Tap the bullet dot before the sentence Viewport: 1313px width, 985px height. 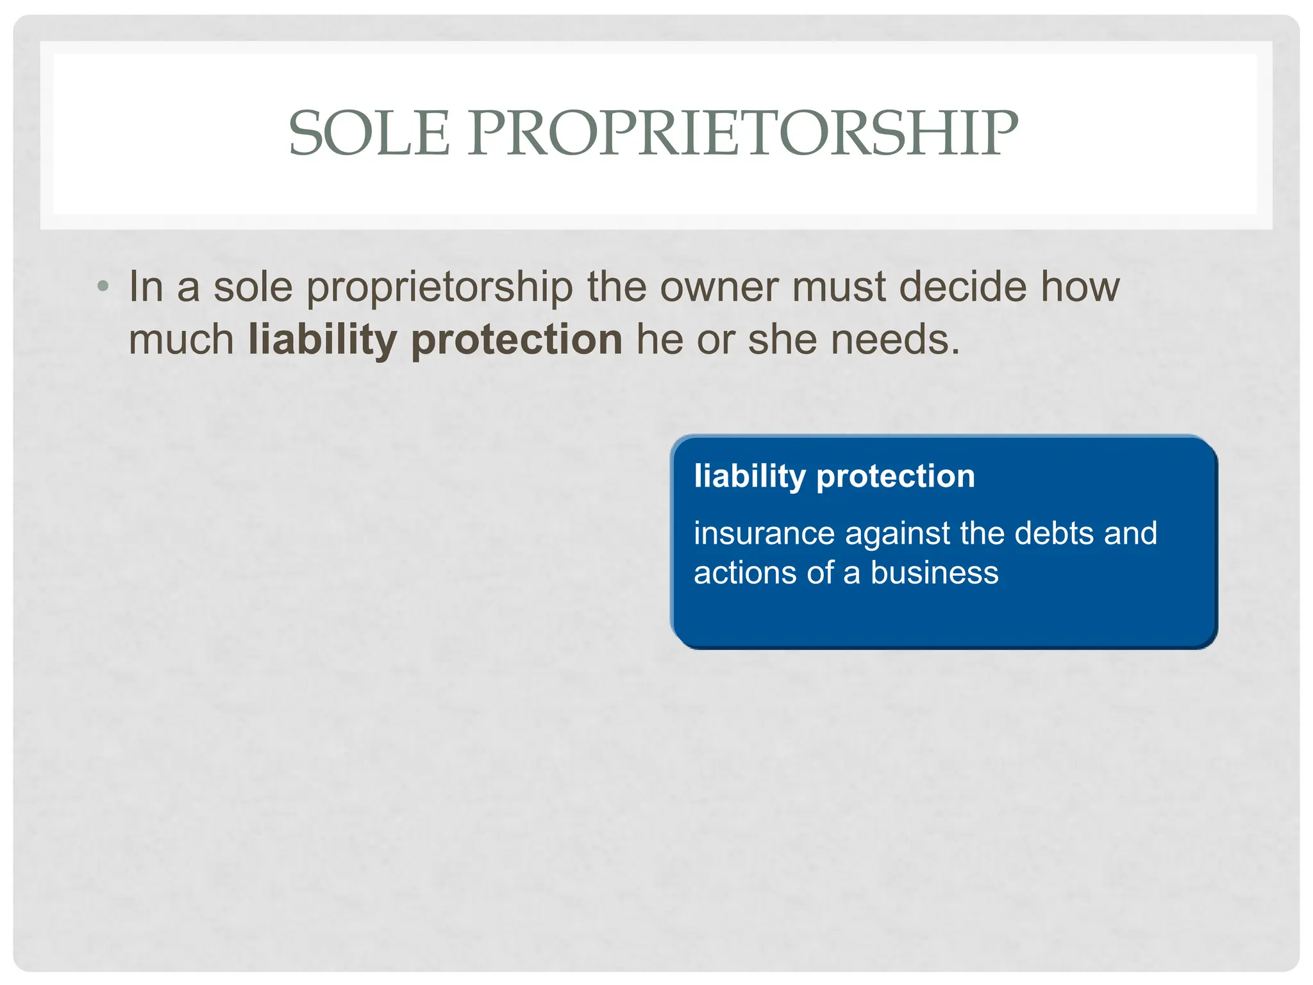[103, 286]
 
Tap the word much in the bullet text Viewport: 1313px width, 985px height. [181, 339]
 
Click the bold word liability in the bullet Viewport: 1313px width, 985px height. [322, 340]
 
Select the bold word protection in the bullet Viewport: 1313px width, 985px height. [517, 340]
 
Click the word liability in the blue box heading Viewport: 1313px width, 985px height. [749, 476]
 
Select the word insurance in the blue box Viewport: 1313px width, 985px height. [764, 534]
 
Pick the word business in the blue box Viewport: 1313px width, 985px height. [934, 573]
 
